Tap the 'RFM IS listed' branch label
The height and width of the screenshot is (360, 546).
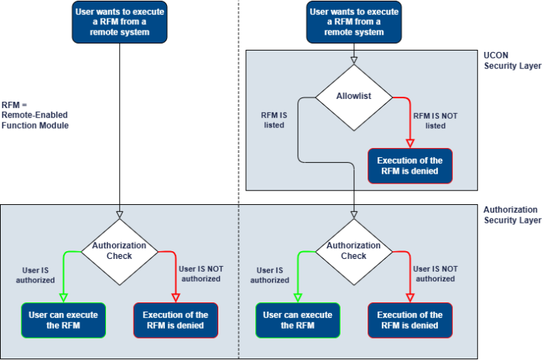click(274, 120)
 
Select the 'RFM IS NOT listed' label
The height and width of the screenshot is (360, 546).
click(435, 120)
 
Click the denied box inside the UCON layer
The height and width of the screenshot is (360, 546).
click(409, 166)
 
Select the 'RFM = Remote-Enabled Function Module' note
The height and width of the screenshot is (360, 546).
click(34, 115)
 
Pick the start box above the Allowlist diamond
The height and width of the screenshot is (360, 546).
click(353, 21)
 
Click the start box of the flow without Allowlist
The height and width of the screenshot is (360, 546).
click(119, 21)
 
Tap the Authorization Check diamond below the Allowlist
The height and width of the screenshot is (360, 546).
click(353, 250)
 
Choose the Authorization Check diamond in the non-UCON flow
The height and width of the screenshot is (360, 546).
click(119, 250)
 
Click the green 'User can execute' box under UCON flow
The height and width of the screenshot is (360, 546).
click(297, 320)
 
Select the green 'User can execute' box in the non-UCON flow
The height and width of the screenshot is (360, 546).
click(63, 320)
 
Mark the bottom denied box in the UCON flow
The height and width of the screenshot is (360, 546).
click(409, 320)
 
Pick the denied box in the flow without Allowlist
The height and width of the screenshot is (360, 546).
click(176, 320)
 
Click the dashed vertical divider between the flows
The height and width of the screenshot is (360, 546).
click(239, 285)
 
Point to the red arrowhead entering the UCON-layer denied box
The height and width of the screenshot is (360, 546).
click(409, 143)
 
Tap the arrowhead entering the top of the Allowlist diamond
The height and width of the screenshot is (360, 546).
click(353, 60)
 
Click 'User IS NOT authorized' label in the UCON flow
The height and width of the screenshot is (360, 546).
click(435, 274)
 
